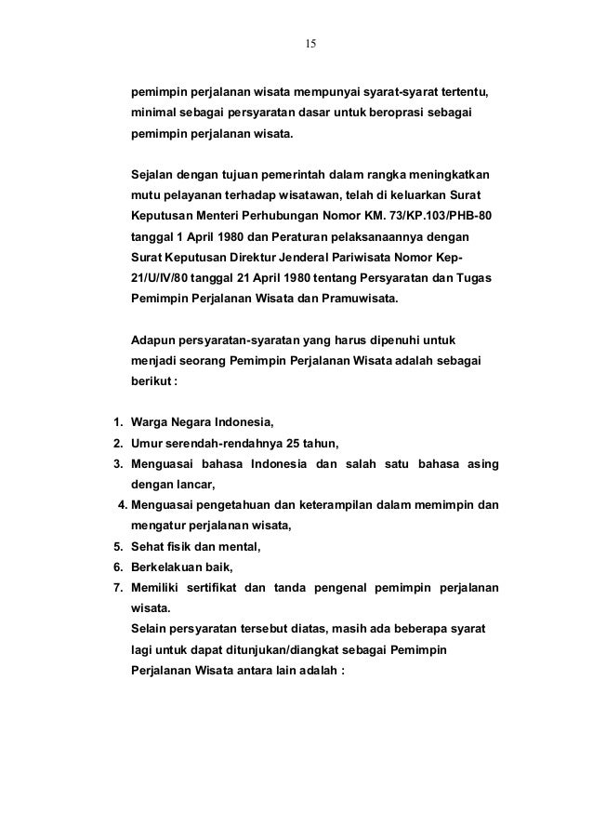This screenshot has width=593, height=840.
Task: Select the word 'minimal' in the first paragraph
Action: point(154,113)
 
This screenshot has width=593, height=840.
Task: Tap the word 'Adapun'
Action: point(154,340)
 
